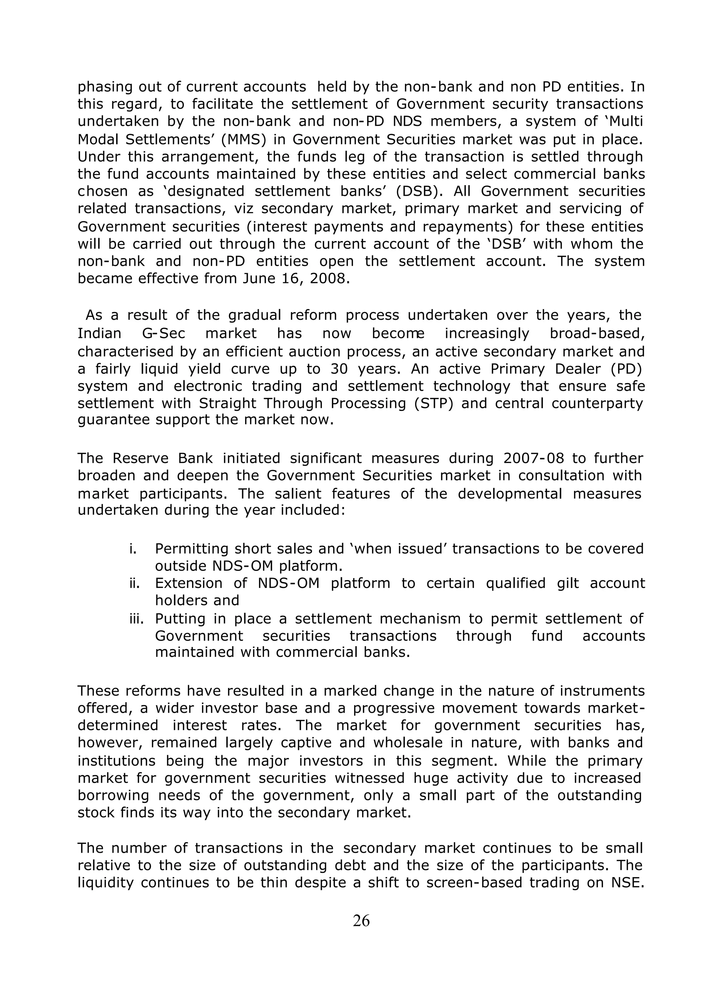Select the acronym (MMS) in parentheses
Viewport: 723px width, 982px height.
(254, 139)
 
